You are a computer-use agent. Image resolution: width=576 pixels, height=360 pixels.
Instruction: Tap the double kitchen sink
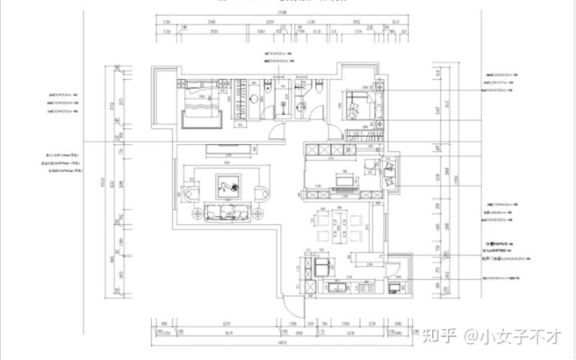click(x=337, y=286)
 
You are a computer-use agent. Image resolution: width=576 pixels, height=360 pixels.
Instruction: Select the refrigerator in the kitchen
click(x=322, y=265)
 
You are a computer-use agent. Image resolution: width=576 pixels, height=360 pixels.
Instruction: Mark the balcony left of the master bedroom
click(x=162, y=99)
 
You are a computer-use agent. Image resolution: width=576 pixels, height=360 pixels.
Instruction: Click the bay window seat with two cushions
click(x=391, y=174)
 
